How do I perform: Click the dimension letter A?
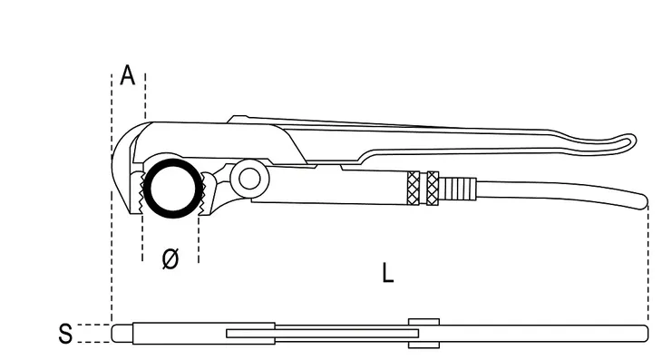[128, 75]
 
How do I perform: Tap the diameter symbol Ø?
[170, 258]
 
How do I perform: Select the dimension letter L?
[387, 273]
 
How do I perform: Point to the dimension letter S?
[65, 334]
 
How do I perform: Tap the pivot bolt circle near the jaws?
[249, 179]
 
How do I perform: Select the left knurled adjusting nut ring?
[414, 189]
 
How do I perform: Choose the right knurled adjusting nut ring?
[433, 189]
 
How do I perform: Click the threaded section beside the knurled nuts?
[458, 190]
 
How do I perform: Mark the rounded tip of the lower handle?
[644, 200]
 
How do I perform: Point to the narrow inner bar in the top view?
[322, 334]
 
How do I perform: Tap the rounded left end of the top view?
[116, 334]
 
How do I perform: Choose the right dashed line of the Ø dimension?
[199, 238]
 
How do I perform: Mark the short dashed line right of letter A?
[145, 96]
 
